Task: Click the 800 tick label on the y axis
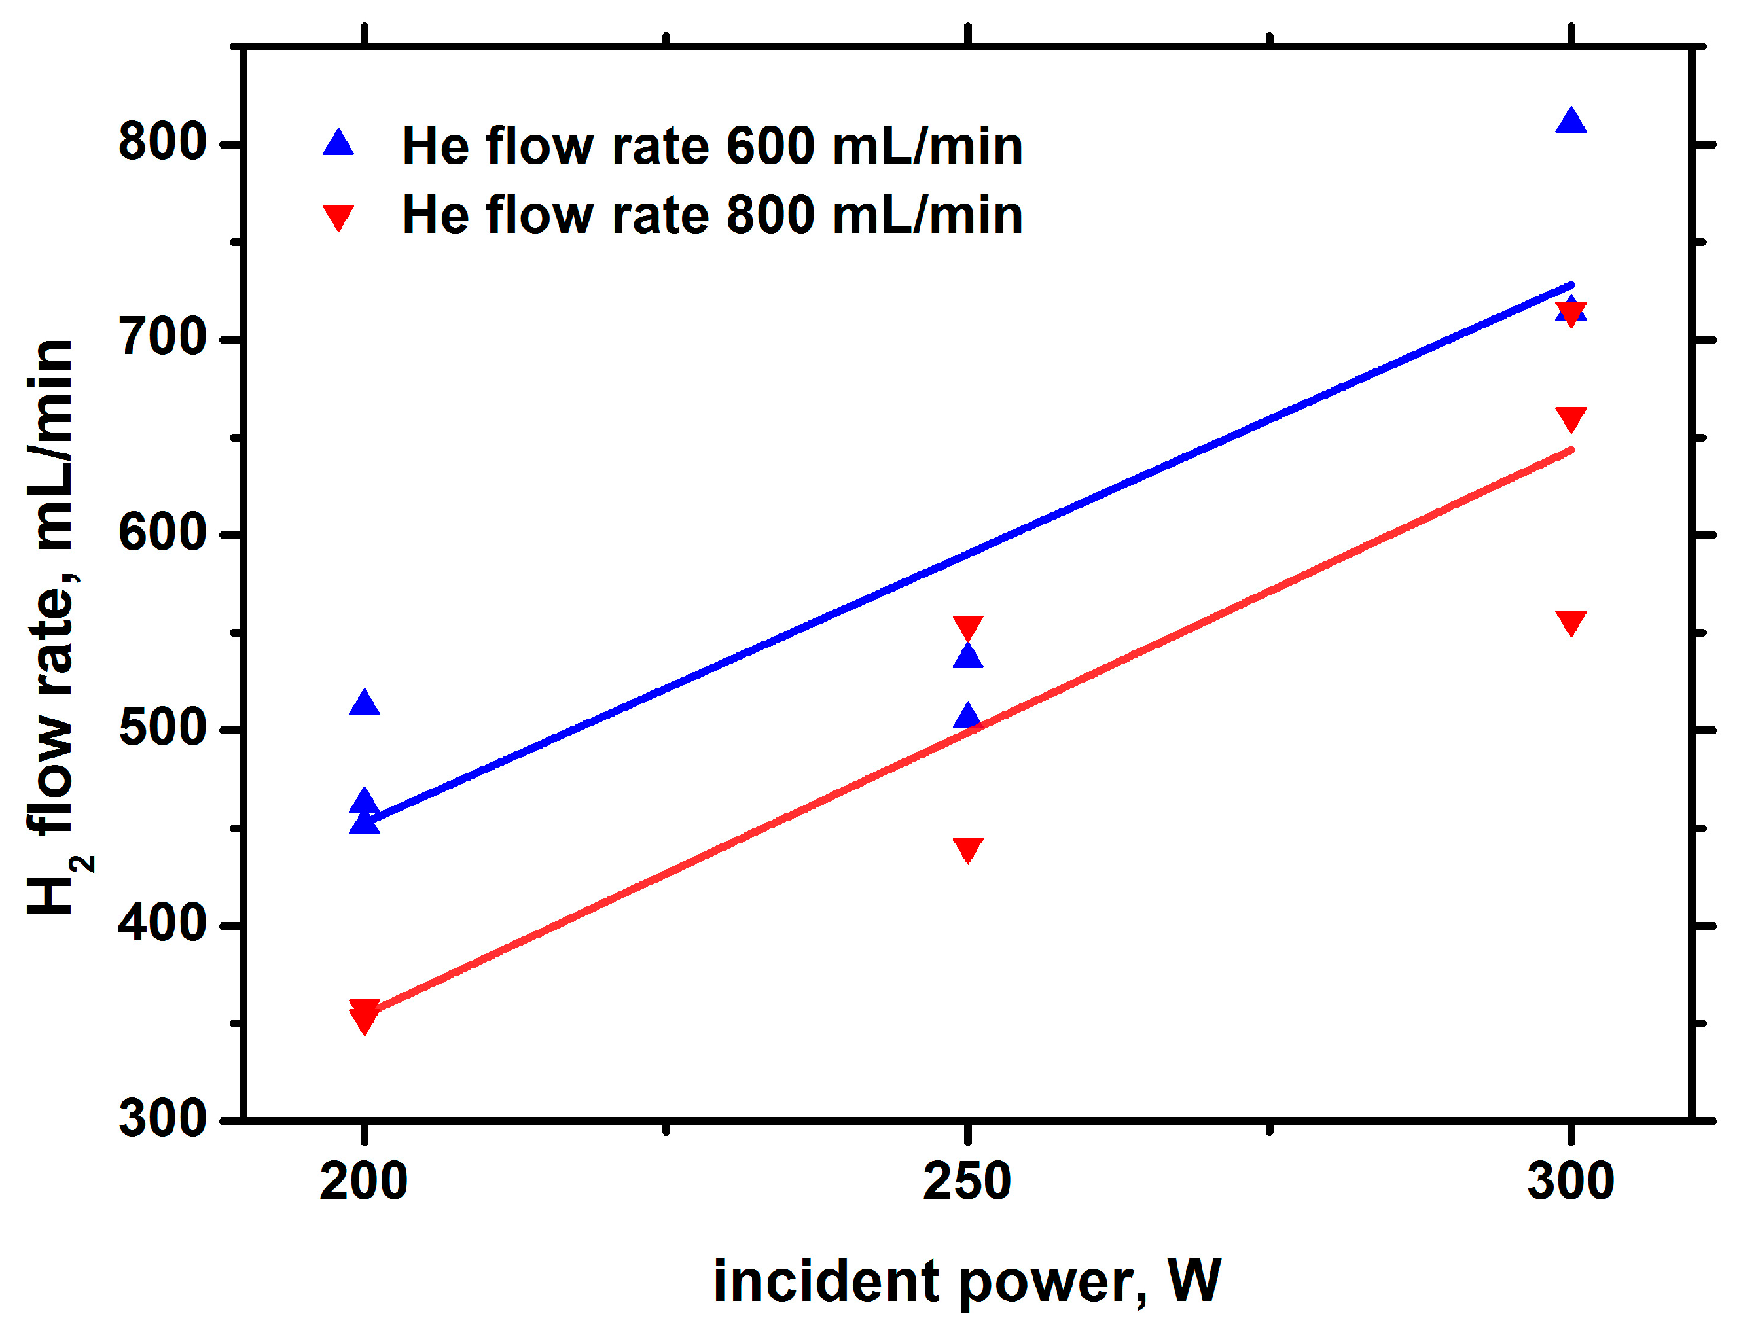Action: tap(162, 143)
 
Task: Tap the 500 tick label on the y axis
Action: tap(162, 729)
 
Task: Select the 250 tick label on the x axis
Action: tap(967, 1181)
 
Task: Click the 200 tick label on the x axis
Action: tap(364, 1181)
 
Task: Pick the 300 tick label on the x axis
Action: tap(1570, 1181)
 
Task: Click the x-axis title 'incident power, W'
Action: tap(967, 1281)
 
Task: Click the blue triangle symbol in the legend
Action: tap(338, 143)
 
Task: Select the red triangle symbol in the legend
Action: tap(338, 217)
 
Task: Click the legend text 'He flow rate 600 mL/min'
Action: tap(712, 147)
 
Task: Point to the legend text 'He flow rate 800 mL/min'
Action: tap(712, 215)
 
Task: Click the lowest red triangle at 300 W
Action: tap(1571, 622)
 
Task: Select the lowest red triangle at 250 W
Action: tap(967, 849)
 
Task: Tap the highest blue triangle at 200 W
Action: tap(364, 703)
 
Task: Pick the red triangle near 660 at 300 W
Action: tap(1571, 418)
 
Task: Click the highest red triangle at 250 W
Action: tap(967, 628)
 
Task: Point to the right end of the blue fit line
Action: tap(1571, 285)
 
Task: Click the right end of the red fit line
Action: tap(1571, 451)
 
